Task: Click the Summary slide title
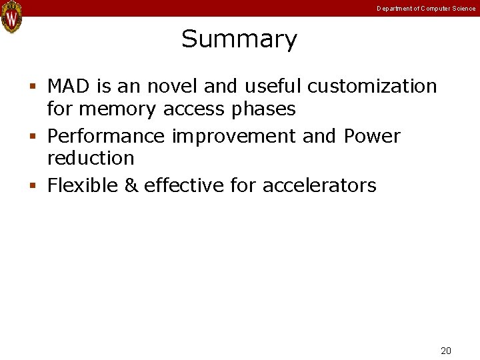pyautogui.click(x=239, y=39)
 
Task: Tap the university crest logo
pyautogui.click(x=11, y=17)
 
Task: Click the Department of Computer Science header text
pyautogui.click(x=426, y=9)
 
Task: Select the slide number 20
pyautogui.click(x=446, y=351)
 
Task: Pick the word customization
pyautogui.click(x=372, y=87)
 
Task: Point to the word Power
pyautogui.click(x=372, y=137)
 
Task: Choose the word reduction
pyautogui.click(x=91, y=159)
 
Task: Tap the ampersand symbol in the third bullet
pyautogui.click(x=131, y=185)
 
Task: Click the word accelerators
pyautogui.click(x=319, y=185)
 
